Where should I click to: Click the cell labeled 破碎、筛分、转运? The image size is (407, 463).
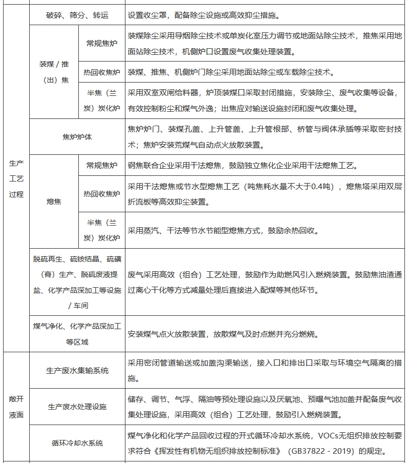[77, 16]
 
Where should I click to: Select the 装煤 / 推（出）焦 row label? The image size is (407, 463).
[54, 72]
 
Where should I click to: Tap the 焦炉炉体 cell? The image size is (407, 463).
[77, 137]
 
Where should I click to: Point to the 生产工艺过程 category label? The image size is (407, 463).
[16, 179]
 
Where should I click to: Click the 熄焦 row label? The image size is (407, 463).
[54, 202]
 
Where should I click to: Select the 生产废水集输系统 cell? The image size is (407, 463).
[77, 371]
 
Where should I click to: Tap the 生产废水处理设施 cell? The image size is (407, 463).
[77, 407]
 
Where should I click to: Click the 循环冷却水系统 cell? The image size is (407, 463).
[77, 442]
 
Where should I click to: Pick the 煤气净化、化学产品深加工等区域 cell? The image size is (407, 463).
[77, 334]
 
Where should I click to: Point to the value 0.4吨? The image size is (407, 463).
[315, 186]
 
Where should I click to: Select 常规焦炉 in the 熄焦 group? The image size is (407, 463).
[101, 165]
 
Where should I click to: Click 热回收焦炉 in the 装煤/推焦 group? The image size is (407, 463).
[101, 72]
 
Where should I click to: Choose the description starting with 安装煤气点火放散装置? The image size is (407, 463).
[223, 334]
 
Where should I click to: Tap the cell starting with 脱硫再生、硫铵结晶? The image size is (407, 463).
[77, 282]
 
